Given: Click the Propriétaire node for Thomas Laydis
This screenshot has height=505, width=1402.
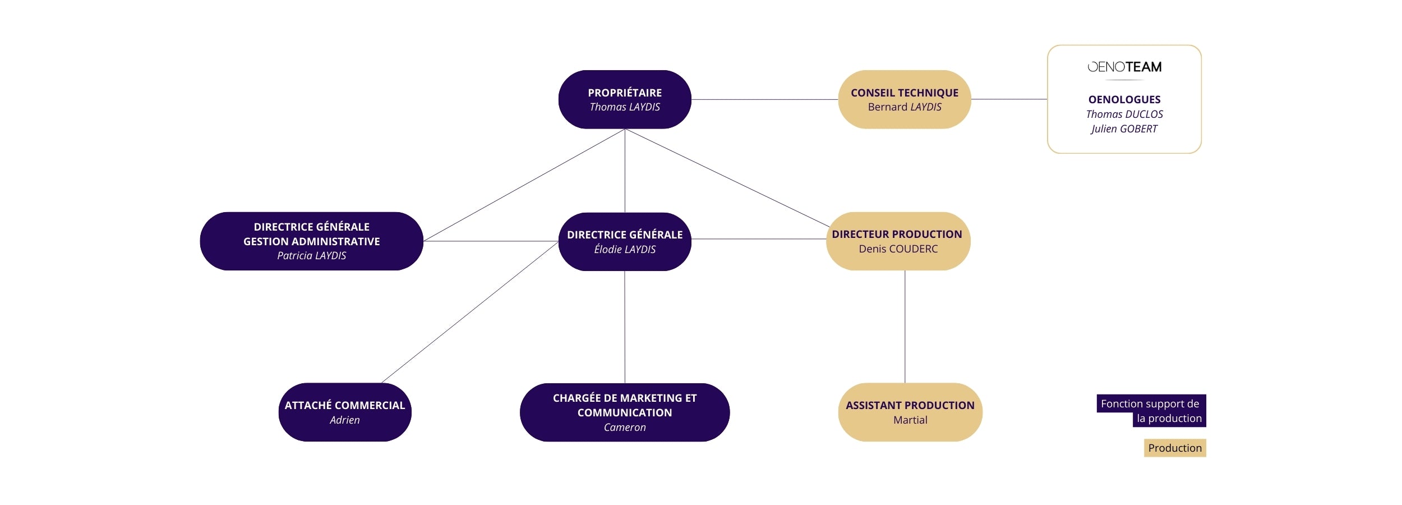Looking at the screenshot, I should tap(625, 99).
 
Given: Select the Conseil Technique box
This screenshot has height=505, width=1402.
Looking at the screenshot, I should tap(904, 99).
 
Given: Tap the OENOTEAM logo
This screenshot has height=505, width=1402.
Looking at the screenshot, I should tap(1124, 67).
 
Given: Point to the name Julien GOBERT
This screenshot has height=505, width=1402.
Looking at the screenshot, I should tap(1124, 129).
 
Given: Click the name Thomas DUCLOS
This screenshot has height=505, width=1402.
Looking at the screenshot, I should tap(1124, 114).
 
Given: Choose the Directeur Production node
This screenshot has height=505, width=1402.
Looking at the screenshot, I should tap(898, 241).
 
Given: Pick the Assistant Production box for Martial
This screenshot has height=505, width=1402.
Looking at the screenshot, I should tap(910, 412).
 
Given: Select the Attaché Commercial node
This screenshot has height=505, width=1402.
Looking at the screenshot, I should tap(344, 412).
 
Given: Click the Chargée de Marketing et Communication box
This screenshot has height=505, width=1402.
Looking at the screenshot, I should tap(625, 412).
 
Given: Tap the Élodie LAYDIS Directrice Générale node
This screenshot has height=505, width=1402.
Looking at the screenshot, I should tap(625, 242).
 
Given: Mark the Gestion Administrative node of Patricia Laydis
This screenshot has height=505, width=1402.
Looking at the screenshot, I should tap(311, 241).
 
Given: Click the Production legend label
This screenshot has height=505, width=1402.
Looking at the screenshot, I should tap(1174, 448).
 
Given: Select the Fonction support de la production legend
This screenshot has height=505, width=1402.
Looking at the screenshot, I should tap(1151, 411).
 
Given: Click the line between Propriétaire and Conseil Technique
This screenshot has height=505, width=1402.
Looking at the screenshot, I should tap(764, 99).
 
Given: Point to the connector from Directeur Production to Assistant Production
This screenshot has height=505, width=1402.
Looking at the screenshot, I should tap(905, 327).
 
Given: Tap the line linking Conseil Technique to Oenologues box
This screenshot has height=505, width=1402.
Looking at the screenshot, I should tap(1009, 99).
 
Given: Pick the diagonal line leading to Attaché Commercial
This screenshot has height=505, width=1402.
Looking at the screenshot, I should tap(470, 312).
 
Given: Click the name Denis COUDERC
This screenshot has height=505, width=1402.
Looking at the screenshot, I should tap(898, 249).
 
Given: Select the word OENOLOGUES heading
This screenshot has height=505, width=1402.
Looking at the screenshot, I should tap(1124, 100).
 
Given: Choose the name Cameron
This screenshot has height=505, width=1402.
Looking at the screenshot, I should tap(625, 428).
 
